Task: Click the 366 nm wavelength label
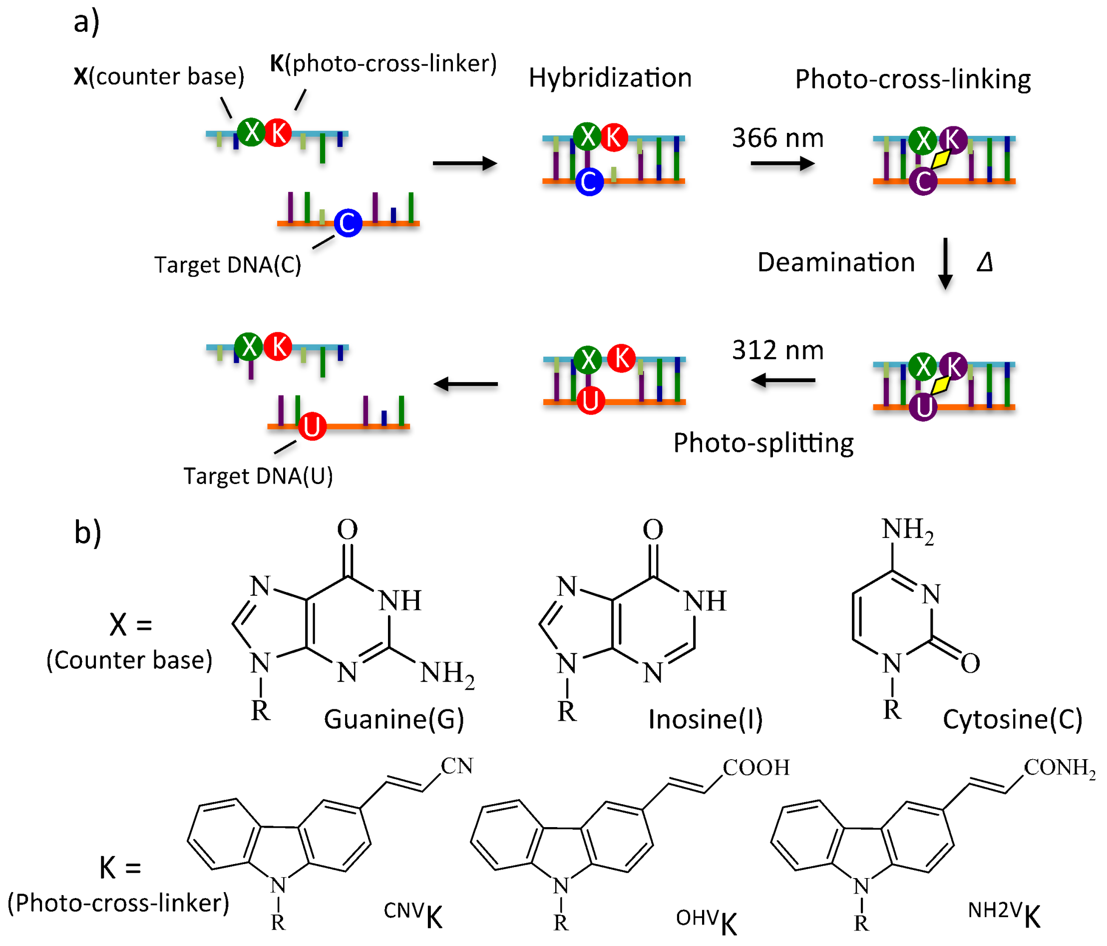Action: pyautogui.click(x=777, y=138)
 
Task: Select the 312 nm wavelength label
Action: pyautogui.click(x=777, y=350)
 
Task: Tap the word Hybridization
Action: pyautogui.click(x=610, y=78)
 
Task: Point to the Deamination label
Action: pyautogui.click(x=836, y=262)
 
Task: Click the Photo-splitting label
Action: pyautogui.click(x=763, y=443)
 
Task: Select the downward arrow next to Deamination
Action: pyautogui.click(x=945, y=264)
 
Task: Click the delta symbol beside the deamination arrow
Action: pyautogui.click(x=984, y=262)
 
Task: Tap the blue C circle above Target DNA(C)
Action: pyautogui.click(x=348, y=223)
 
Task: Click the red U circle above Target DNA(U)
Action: pyautogui.click(x=312, y=426)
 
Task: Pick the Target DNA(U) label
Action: pyautogui.click(x=258, y=475)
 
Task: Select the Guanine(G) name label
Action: pyautogui.click(x=394, y=719)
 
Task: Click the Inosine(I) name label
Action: pyautogui.click(x=705, y=719)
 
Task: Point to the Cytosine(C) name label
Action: pyautogui.click(x=1013, y=719)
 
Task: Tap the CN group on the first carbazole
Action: pyautogui.click(x=457, y=766)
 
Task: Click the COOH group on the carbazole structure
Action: pyautogui.click(x=755, y=768)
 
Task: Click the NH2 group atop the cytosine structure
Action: pyautogui.click(x=907, y=530)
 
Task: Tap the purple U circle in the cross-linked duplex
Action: pyautogui.click(x=923, y=407)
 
